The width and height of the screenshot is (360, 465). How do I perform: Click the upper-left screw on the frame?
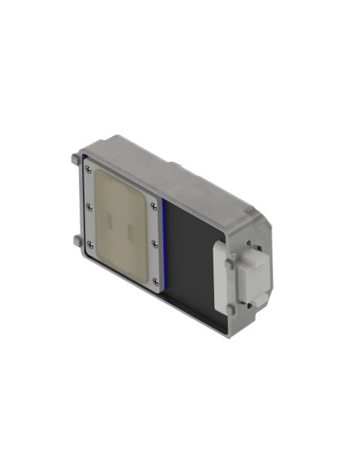pyautogui.click(x=87, y=169)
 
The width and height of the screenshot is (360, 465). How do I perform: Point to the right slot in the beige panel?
pyautogui.click(x=130, y=231)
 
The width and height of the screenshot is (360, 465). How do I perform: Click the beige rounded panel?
pyautogui.click(x=119, y=223)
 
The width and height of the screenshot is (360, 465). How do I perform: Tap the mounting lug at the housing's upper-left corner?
pyautogui.click(x=74, y=158)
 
